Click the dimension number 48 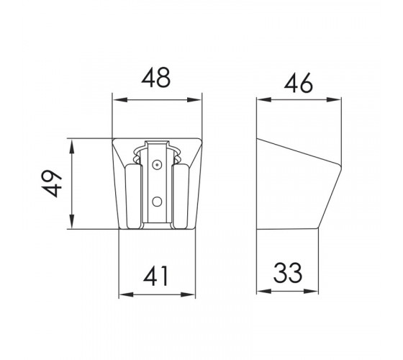click(x=155, y=78)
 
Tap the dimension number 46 click(x=299, y=83)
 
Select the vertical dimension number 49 click(x=52, y=184)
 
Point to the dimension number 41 click(x=155, y=276)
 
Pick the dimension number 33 click(x=288, y=273)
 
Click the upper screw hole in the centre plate click(x=157, y=165)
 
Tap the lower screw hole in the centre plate click(x=157, y=202)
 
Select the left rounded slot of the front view click(x=133, y=196)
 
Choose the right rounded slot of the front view click(x=181, y=196)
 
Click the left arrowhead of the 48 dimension click(x=120, y=100)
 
